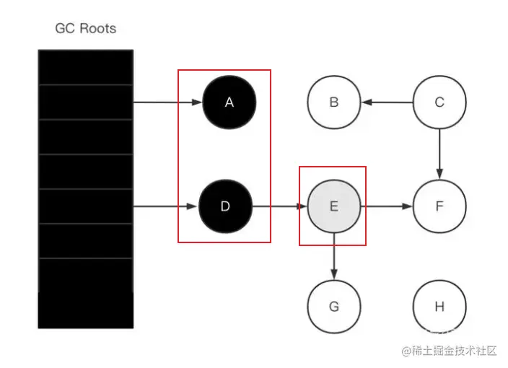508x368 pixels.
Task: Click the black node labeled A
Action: tap(229, 102)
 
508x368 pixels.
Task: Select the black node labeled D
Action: tap(225, 206)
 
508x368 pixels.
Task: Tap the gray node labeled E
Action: tap(333, 206)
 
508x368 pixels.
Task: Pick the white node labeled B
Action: tap(333, 102)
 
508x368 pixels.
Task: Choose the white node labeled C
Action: tap(439, 102)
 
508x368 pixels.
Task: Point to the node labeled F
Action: tap(439, 206)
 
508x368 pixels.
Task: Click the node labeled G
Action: tap(333, 307)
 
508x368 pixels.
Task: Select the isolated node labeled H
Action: tap(439, 307)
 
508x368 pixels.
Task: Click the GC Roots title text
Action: tap(85, 29)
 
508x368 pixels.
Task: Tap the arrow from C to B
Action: tap(387, 102)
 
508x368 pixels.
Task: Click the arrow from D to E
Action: tap(279, 206)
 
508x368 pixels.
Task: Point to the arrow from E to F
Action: tap(386, 206)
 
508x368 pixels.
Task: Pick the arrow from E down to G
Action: tap(333, 256)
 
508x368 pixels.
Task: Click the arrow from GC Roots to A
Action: tap(167, 102)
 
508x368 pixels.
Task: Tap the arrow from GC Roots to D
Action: tap(165, 206)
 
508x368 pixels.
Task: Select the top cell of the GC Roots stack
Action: tap(85, 67)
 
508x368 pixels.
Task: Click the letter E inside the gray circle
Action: tap(333, 206)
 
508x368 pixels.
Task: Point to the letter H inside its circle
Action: tap(439, 307)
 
